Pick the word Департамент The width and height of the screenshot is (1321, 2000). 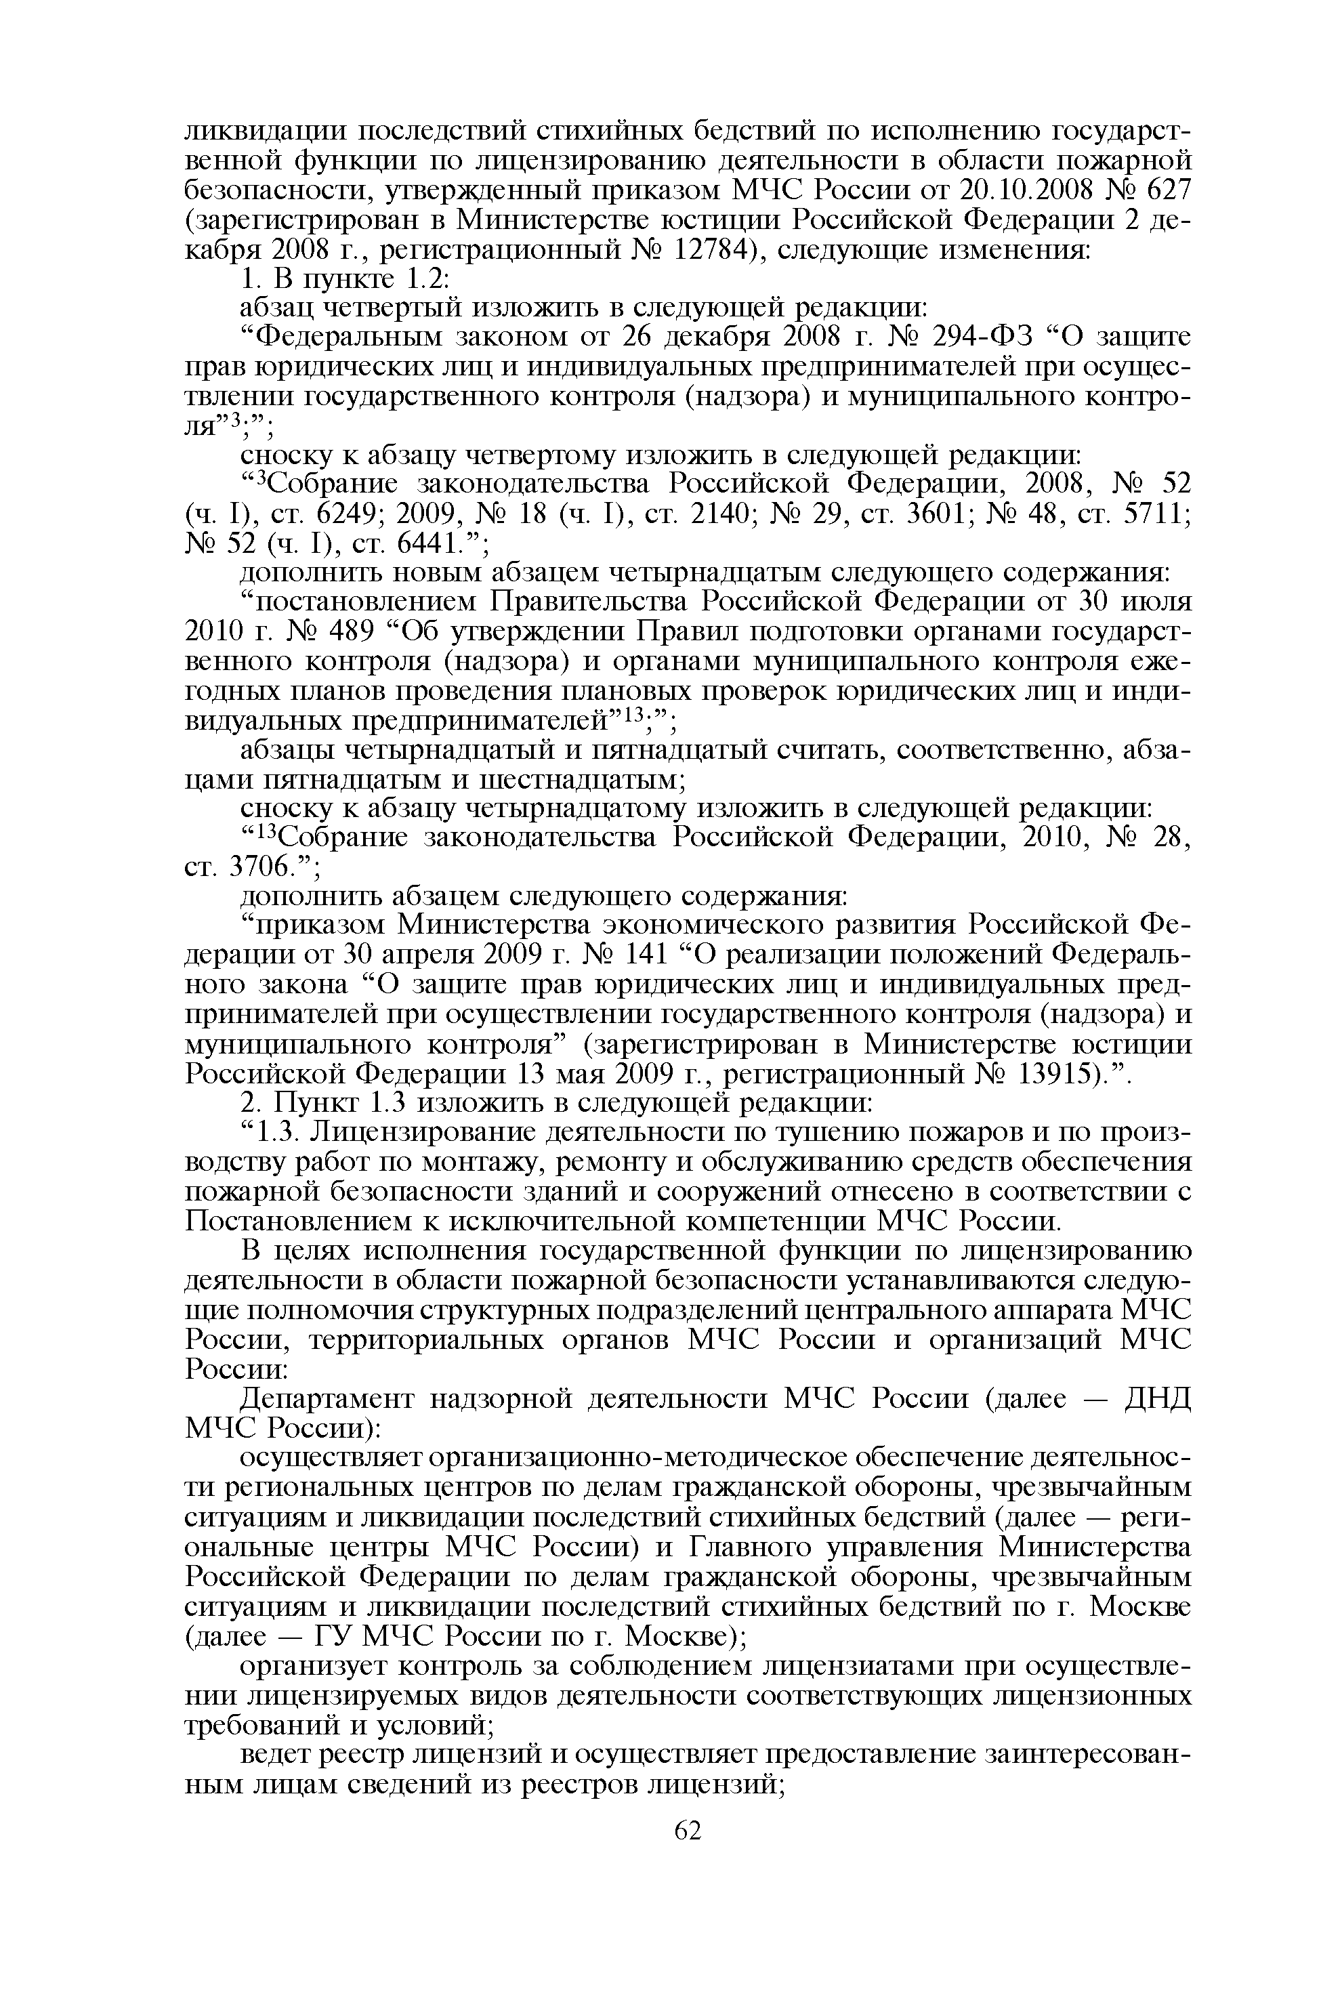(x=329, y=1399)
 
